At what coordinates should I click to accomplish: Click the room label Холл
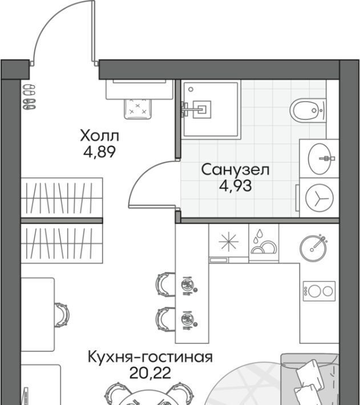point(99,136)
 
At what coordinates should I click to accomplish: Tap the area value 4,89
point(99,152)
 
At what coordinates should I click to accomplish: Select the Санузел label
point(235,169)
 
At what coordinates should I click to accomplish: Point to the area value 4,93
point(235,186)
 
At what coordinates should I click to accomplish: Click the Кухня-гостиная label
point(150,357)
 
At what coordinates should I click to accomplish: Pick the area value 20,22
point(150,372)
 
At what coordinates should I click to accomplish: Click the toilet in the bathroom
point(308,110)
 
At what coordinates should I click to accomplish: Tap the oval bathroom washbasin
point(319,159)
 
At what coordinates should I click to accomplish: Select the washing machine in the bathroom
point(319,197)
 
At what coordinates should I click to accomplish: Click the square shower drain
point(202,110)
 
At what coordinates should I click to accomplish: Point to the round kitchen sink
point(313,248)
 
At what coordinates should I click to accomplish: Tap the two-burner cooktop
point(319,291)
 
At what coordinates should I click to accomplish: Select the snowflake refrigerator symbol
point(228,242)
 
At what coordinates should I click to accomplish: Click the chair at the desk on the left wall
point(62,315)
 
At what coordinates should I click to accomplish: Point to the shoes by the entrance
point(29,97)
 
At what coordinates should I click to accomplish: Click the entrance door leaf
point(94,30)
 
